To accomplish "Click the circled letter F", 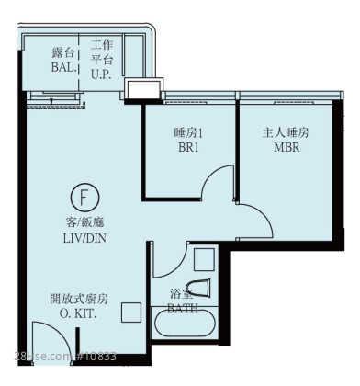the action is (84, 198).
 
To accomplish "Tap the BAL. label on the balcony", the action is (63, 68).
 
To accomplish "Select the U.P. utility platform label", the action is (101, 74).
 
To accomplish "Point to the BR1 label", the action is (188, 148).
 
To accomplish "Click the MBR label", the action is (287, 147).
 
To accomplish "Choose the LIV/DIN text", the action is (84, 238).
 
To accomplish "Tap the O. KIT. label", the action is (78, 313).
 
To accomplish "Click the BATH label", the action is (183, 308).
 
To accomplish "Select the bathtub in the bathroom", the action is (185, 324).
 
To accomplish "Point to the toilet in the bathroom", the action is (198, 288).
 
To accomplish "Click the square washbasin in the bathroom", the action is (204, 260).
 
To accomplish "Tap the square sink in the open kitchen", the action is (131, 312).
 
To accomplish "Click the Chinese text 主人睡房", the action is (286, 133).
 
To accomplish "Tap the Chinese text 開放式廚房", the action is (79, 299).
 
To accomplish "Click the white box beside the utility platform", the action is (144, 89).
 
